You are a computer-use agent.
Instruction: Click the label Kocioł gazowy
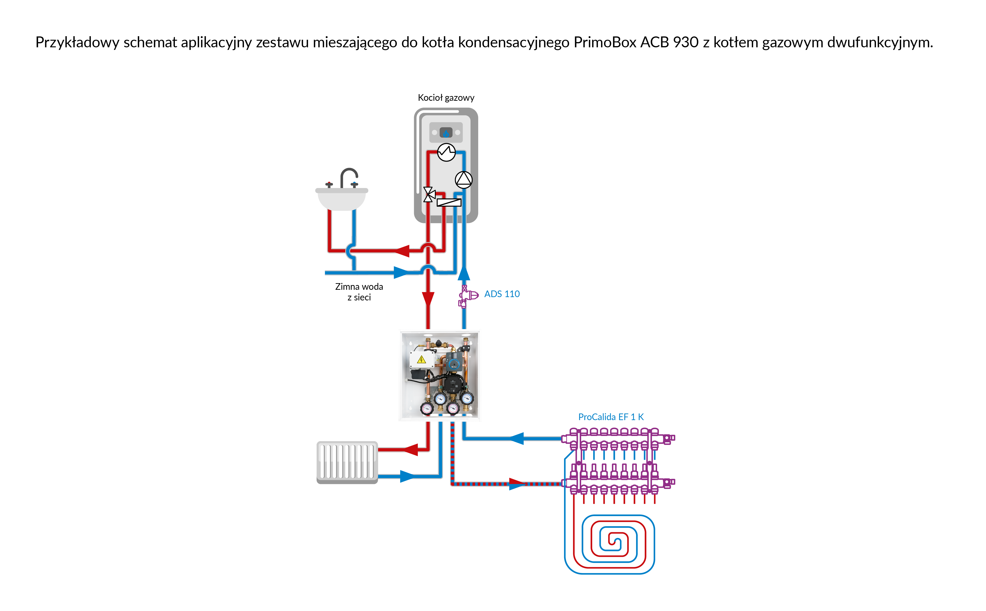(x=446, y=98)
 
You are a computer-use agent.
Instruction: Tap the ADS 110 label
(x=502, y=294)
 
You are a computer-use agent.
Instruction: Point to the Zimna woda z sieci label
(x=359, y=292)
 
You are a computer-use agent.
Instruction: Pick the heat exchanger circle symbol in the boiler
(x=446, y=152)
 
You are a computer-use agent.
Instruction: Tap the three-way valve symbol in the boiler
(x=429, y=194)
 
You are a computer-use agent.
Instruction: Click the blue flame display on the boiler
(x=446, y=132)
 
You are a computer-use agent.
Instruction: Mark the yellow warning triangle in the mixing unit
(x=421, y=359)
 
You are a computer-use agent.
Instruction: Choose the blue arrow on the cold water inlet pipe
(x=401, y=273)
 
